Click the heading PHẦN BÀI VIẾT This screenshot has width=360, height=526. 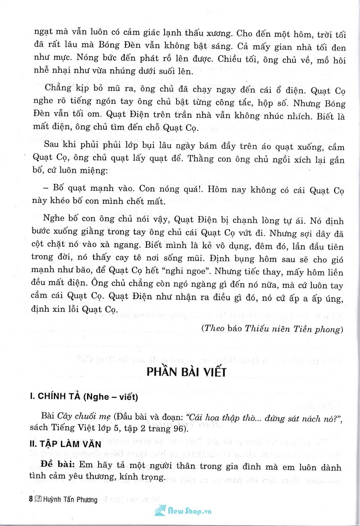tap(186, 372)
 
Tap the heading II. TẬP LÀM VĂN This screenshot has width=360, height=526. tap(65, 444)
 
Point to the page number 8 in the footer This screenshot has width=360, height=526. tap(31, 499)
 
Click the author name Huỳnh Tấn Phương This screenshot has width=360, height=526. tap(70, 500)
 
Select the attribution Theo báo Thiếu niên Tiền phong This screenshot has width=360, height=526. tap(272, 328)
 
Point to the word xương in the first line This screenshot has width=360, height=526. tap(219, 33)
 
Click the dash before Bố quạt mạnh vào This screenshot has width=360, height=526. tap(45, 188)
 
